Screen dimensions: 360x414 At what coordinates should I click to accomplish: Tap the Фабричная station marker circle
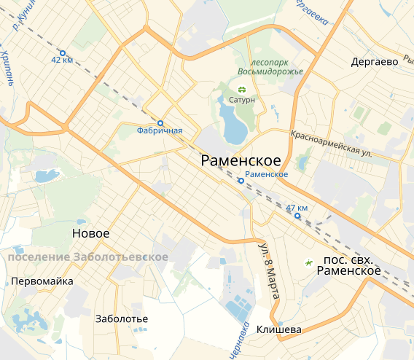(160, 122)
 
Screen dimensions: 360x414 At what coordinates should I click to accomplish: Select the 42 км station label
(62, 60)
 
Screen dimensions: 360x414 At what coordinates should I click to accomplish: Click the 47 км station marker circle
(297, 216)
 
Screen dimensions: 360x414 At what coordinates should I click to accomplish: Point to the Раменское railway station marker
(241, 181)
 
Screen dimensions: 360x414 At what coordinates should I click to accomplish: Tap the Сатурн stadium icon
(243, 90)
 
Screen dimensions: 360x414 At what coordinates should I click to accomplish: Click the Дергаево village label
(375, 62)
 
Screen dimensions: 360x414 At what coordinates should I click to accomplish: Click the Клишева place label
(279, 329)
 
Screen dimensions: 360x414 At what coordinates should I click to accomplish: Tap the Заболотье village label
(122, 319)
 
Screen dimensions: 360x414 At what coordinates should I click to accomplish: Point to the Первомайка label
(42, 281)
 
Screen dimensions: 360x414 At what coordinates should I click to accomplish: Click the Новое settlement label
(91, 233)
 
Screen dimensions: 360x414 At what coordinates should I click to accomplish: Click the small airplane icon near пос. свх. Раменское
(308, 261)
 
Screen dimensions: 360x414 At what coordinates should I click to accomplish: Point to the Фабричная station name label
(159, 131)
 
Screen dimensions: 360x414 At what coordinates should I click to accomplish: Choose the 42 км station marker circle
(62, 52)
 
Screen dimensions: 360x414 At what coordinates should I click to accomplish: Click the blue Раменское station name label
(267, 174)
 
